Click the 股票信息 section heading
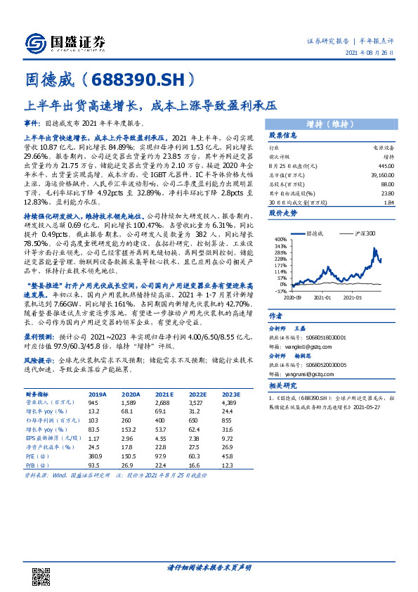[285, 134]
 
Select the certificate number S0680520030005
[324, 364]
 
